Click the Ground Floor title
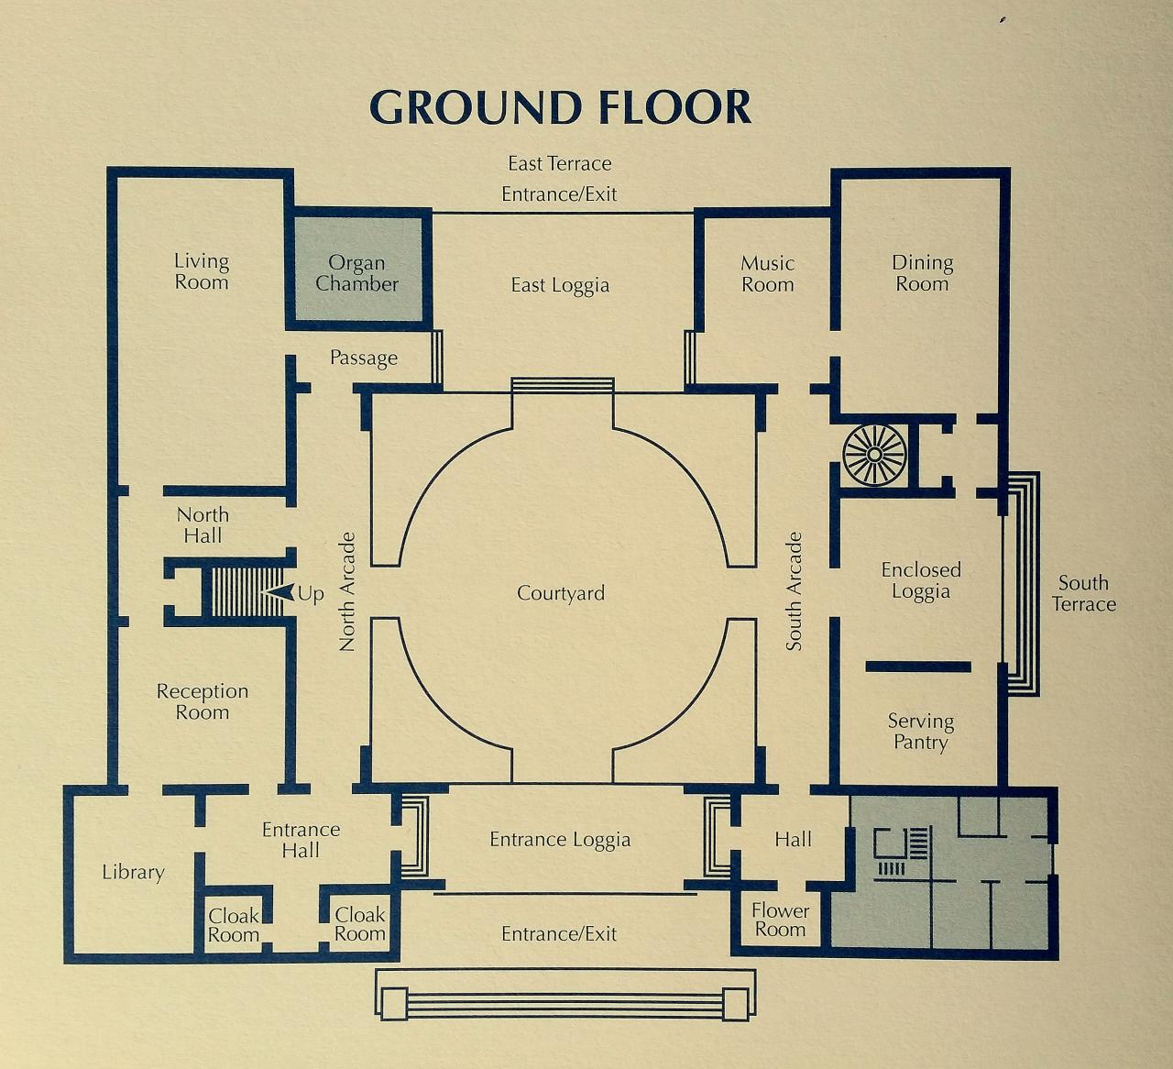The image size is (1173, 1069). coord(560,107)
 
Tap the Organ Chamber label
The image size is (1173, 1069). coord(356,273)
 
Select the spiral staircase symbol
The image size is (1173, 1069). coord(875,455)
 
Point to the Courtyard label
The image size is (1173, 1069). coord(561,593)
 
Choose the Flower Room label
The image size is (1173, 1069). coord(781,920)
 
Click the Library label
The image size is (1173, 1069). coord(133,873)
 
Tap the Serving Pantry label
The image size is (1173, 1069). coord(921,732)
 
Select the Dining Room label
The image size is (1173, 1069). coord(922,273)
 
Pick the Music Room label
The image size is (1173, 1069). coord(768,274)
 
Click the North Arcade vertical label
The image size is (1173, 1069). coord(347,591)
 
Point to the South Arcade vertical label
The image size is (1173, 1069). coord(794,591)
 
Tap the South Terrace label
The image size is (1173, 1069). coord(1083,593)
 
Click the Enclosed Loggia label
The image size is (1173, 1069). coord(921,581)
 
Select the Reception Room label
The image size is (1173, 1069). coord(203,702)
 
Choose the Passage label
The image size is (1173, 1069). coord(364,358)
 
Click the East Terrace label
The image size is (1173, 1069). coord(560,164)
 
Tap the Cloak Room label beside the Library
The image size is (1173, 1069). coord(234,925)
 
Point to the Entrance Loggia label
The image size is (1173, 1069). coord(560,840)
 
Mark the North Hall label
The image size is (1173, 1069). coord(203,525)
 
